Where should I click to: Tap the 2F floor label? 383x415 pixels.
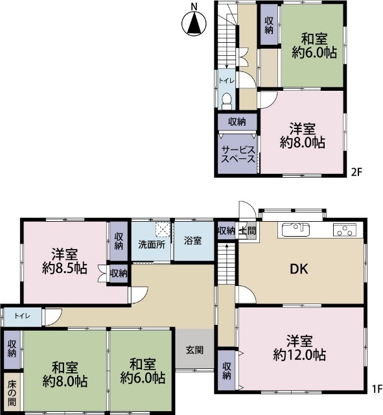(x=356, y=172)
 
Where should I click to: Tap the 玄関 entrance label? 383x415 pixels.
(x=195, y=350)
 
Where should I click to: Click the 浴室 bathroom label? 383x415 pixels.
(x=192, y=241)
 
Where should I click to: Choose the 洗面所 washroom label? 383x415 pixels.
(x=151, y=245)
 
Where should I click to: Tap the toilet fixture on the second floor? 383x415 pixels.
(x=227, y=99)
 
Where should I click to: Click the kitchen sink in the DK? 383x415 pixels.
(x=296, y=229)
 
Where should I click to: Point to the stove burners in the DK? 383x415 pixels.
(x=344, y=229)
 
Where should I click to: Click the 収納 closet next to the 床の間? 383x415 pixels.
(x=12, y=348)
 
